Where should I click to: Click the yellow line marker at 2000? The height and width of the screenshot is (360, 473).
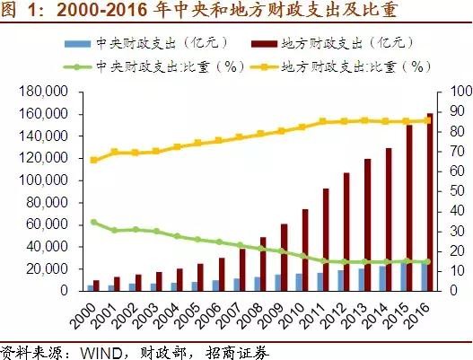[x=94, y=160]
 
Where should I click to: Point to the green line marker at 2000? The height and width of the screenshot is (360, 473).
[x=94, y=222]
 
